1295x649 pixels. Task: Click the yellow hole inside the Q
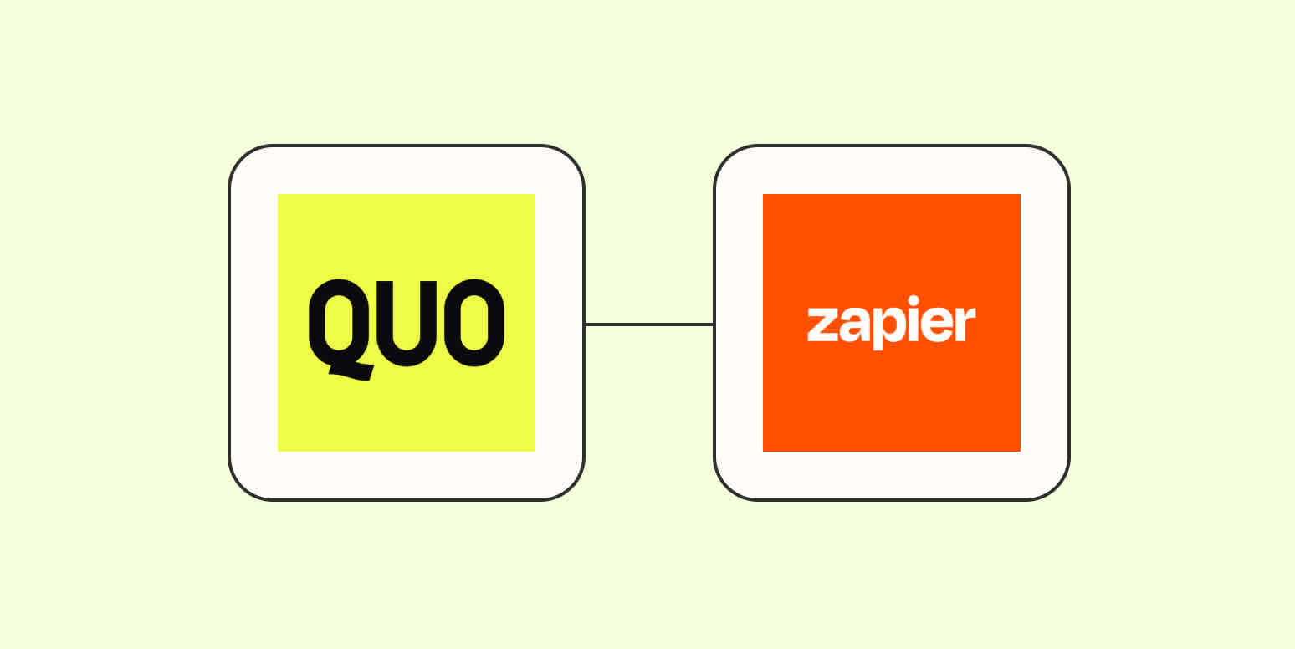click(339, 322)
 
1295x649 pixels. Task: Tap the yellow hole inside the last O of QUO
click(473, 322)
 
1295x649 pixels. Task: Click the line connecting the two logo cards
click(648, 324)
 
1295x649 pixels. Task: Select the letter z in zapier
click(822, 325)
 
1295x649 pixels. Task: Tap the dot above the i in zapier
click(914, 300)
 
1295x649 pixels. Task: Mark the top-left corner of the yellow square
click(279, 195)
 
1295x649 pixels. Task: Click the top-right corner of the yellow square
click(534, 195)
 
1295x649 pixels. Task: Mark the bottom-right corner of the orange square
click(1019, 450)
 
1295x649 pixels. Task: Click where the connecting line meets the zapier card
click(714, 324)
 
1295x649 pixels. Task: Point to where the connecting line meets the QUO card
click(584, 324)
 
